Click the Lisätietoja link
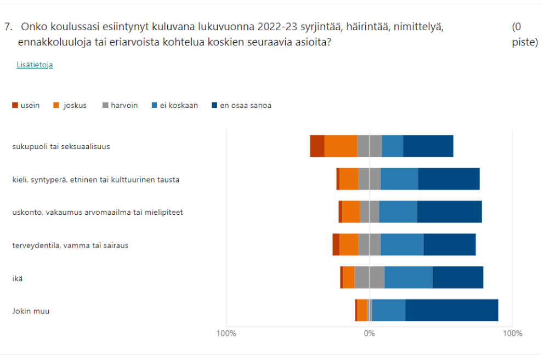coord(35,65)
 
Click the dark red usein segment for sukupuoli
coord(317,146)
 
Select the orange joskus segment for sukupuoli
coord(341,146)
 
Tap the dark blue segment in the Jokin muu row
coord(451,310)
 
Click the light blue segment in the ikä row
coord(408,277)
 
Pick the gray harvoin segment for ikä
coord(369,277)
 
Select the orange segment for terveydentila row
coord(349,244)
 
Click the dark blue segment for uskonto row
coord(449,212)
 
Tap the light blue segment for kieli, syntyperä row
coord(399,179)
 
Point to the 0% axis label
coord(370,333)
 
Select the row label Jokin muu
coord(31,311)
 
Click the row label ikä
coord(18,278)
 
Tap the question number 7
coord(8,26)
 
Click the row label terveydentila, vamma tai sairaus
coord(70,245)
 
